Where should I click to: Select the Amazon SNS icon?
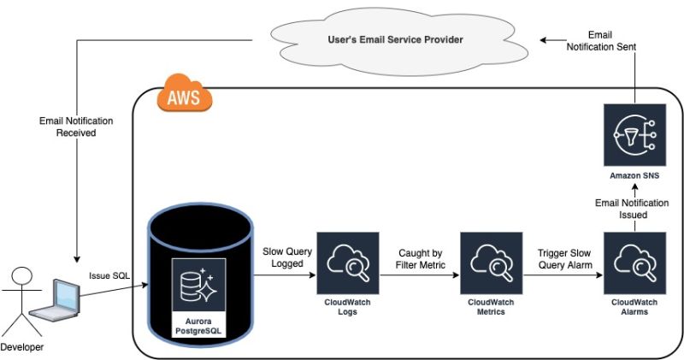[x=634, y=135]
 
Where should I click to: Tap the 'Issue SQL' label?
[x=109, y=276]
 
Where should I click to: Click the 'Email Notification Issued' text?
[x=634, y=208]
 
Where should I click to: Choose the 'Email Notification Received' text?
[x=76, y=127]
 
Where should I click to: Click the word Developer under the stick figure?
[x=23, y=347]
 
